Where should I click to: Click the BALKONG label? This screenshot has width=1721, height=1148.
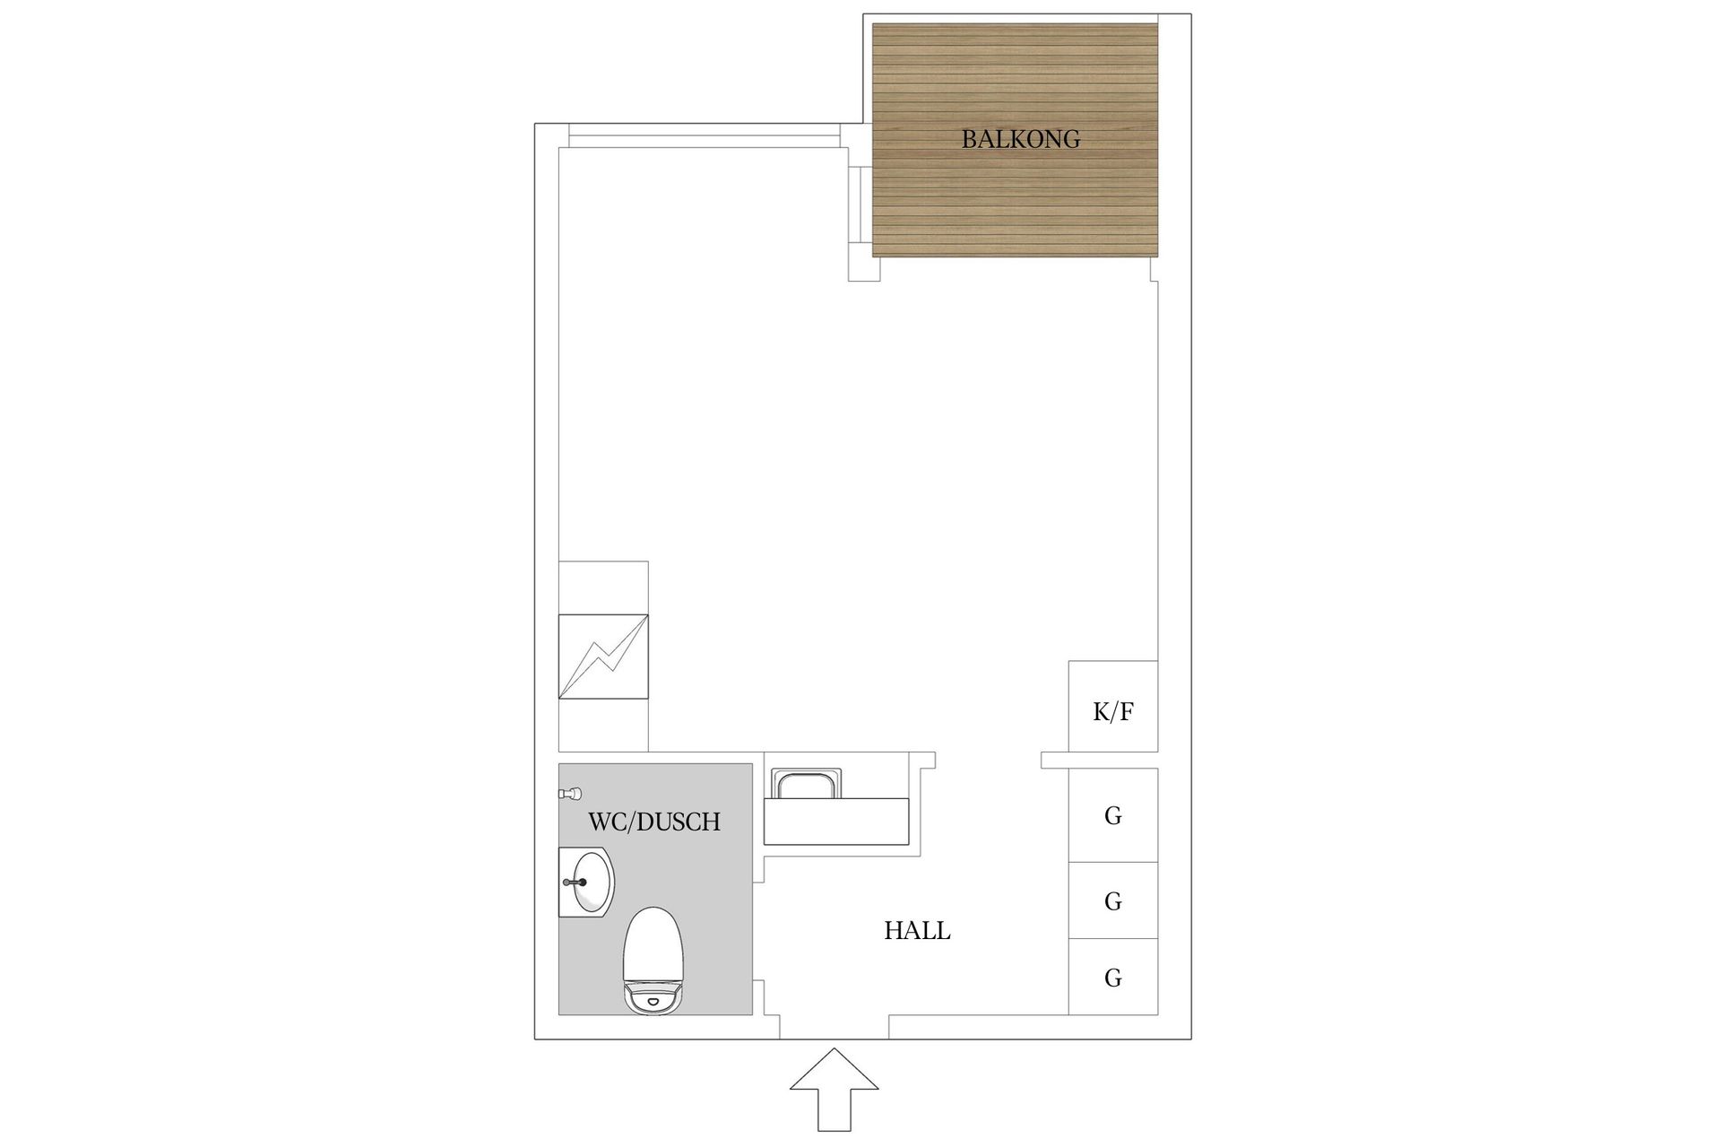tap(1020, 139)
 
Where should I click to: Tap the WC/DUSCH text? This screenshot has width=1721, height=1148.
tap(654, 822)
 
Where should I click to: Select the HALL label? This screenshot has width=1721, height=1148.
tap(917, 931)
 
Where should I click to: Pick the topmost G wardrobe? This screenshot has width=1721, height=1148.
tap(1113, 815)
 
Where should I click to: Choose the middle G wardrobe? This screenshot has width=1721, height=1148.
tap(1113, 900)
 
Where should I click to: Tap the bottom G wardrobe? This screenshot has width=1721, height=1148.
tap(1113, 977)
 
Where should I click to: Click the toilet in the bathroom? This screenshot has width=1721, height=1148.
tap(653, 961)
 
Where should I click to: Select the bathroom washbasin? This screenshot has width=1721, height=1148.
tap(589, 883)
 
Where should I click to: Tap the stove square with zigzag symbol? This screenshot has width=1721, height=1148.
tap(603, 657)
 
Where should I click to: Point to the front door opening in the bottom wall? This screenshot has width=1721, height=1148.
tap(834, 1027)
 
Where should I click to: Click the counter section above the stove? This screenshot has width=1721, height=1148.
tap(603, 587)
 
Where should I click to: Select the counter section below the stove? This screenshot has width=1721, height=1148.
tap(603, 725)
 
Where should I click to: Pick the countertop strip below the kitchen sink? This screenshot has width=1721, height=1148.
tap(836, 821)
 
